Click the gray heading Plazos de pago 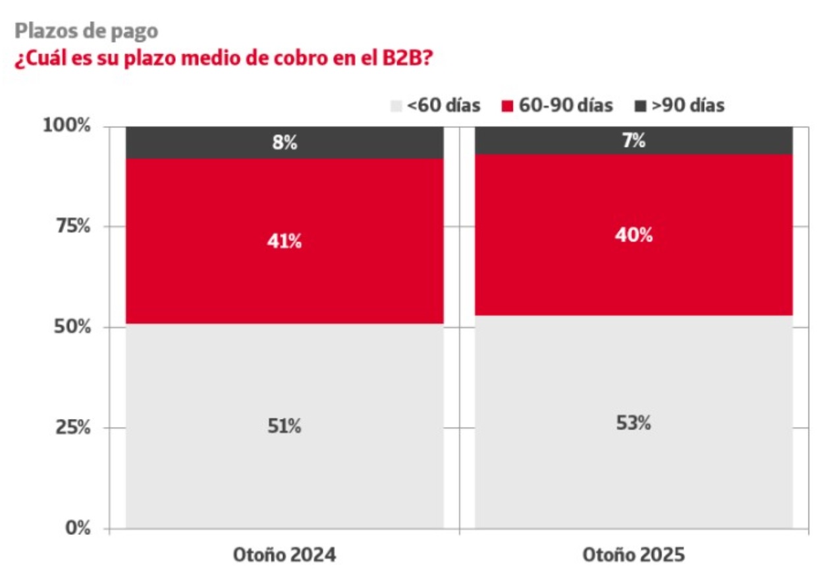86,31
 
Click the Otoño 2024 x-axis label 284,555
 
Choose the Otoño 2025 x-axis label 634,555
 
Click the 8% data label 285,142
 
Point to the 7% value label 634,140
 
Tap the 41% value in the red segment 285,242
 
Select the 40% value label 634,235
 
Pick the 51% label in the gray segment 285,427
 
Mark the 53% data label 634,424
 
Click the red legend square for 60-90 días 508,105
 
